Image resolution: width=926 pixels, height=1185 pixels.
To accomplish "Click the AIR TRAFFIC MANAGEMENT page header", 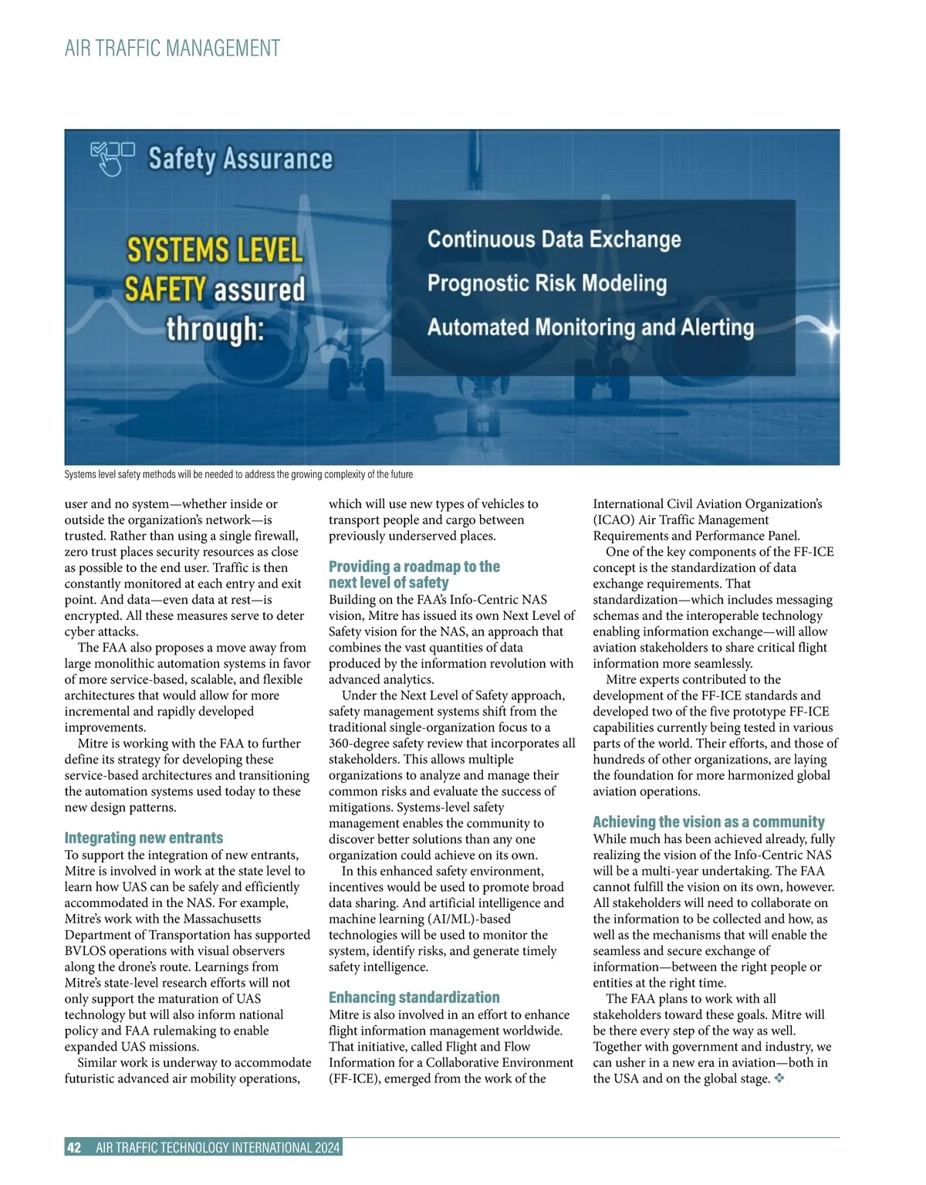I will [172, 49].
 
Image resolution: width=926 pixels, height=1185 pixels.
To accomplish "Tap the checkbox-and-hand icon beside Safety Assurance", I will [112, 157].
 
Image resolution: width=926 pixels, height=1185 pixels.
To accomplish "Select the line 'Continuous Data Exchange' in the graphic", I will [554, 239].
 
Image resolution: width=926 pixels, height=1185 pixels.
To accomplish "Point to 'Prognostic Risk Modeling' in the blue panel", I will [546, 283].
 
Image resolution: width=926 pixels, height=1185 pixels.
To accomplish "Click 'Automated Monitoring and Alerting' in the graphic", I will [590, 327].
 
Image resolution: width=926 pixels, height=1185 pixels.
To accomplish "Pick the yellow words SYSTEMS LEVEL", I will [215, 251].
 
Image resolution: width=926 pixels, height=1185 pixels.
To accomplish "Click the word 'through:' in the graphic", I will [215, 329].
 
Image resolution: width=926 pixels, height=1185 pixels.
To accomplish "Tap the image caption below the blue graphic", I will [238, 474].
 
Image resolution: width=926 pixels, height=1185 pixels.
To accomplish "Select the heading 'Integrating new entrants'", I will [144, 838].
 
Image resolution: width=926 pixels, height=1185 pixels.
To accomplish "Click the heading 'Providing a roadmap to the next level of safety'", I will [414, 574].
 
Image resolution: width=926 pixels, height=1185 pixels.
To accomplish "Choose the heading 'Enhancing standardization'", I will [414, 997].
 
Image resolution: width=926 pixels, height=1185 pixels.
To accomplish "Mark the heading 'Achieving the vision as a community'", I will [708, 822].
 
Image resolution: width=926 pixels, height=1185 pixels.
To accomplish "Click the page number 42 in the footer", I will [74, 1148].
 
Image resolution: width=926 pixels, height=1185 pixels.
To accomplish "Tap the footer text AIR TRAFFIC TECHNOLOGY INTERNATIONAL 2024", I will [218, 1148].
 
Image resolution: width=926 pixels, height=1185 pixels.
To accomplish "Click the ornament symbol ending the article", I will [779, 1078].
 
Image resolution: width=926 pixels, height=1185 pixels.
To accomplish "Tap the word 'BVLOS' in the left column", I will [85, 951].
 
